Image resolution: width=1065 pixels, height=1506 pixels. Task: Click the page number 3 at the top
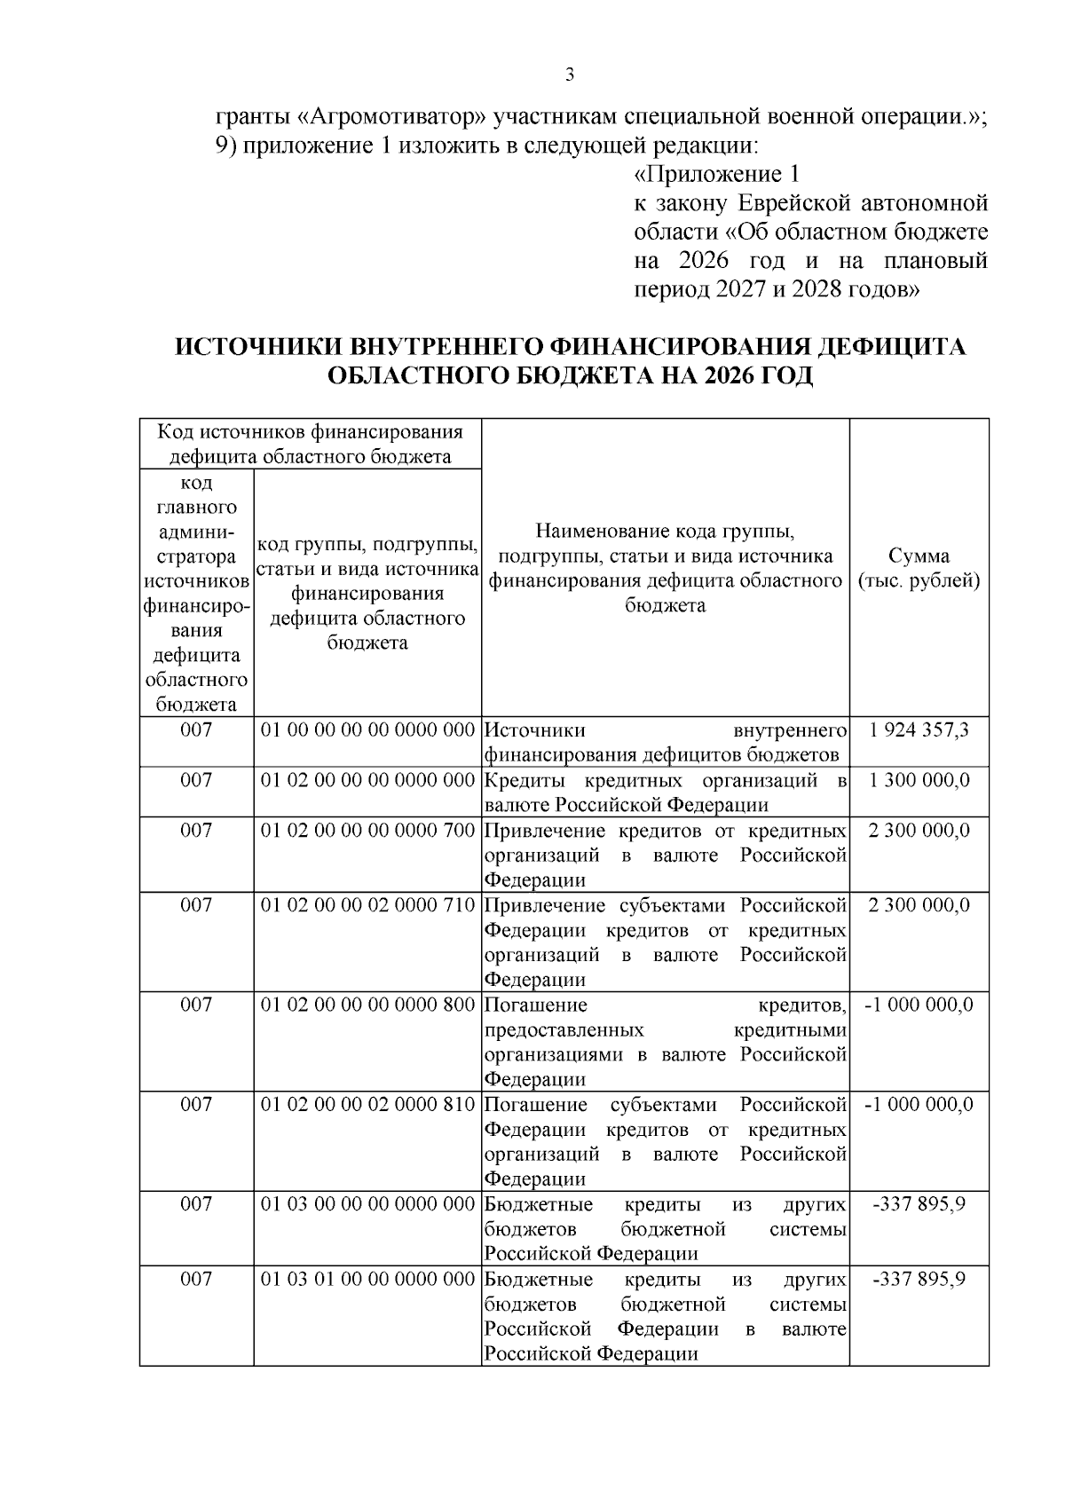(x=570, y=75)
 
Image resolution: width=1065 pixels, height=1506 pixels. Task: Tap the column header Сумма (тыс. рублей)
(x=919, y=568)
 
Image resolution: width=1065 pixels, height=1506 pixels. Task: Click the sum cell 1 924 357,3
(x=919, y=730)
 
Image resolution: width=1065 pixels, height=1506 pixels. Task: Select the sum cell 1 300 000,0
(x=919, y=780)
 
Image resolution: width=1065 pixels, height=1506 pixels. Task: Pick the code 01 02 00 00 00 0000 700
(x=367, y=830)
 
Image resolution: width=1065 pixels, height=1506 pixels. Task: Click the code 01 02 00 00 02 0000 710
(x=367, y=904)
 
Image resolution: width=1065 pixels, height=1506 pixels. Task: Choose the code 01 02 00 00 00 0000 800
(x=367, y=1004)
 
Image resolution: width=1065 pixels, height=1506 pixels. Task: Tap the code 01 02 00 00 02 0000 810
(x=367, y=1104)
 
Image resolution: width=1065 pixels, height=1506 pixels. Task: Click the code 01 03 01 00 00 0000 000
(x=367, y=1278)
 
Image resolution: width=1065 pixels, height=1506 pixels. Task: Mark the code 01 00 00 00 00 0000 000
(x=367, y=730)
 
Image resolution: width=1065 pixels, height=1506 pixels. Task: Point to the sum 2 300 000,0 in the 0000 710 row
(x=919, y=904)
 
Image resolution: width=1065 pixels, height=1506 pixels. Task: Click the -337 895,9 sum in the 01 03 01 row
(x=919, y=1278)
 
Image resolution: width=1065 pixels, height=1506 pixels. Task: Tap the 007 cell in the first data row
(x=196, y=730)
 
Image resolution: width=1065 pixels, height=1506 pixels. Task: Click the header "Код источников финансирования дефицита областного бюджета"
(x=310, y=444)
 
